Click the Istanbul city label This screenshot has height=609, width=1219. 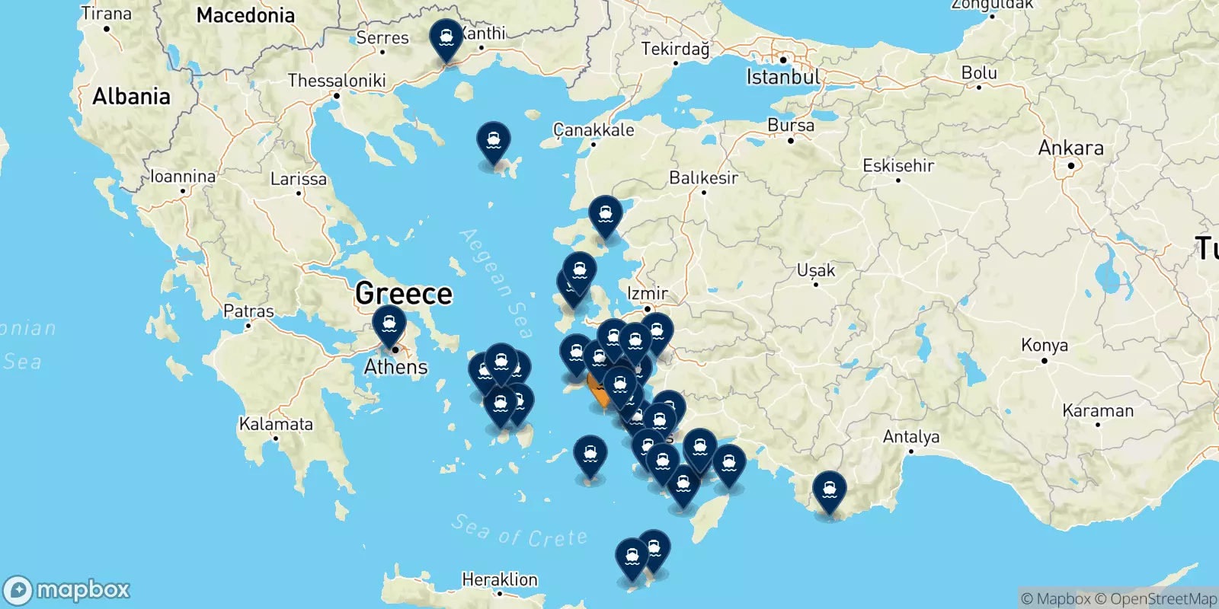782,77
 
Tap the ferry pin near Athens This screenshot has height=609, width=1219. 389,326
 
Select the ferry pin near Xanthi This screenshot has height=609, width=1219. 446,38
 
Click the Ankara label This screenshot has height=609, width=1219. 1070,148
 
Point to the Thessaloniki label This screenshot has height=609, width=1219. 337,81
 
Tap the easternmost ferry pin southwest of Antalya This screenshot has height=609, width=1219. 829,490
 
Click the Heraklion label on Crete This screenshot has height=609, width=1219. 499,579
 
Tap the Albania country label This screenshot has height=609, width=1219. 131,97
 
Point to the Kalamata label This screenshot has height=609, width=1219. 276,424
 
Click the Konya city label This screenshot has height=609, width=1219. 1044,346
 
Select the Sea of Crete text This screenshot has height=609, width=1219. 520,531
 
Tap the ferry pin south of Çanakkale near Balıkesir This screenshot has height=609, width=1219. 605,215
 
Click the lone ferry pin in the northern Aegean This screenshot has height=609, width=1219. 494,142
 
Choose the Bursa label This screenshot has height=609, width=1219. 790,126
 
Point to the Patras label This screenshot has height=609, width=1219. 248,311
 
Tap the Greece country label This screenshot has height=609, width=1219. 404,293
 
